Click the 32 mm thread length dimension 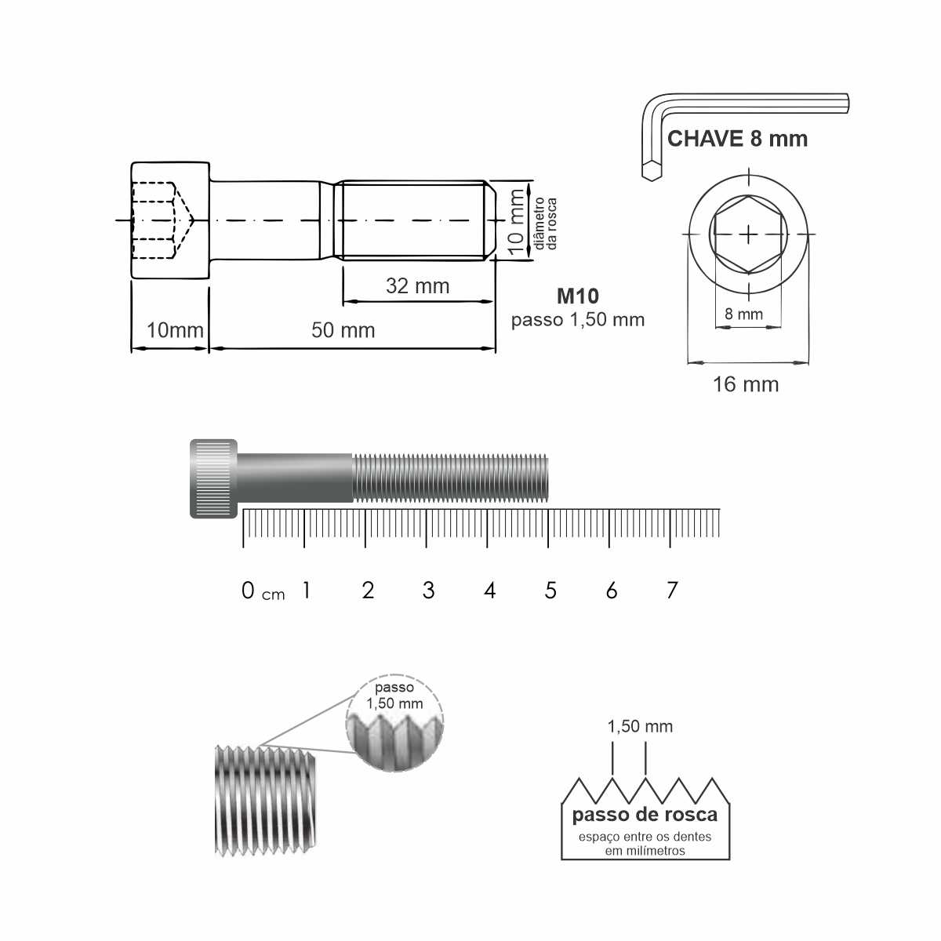[417, 286]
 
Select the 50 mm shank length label [343, 331]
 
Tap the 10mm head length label [175, 331]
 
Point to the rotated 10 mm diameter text [516, 222]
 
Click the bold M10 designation [578, 296]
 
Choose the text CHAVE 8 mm [737, 139]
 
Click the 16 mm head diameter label [746, 385]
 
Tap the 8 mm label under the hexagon [743, 314]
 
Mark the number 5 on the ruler [550, 590]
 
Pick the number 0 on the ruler [248, 590]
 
